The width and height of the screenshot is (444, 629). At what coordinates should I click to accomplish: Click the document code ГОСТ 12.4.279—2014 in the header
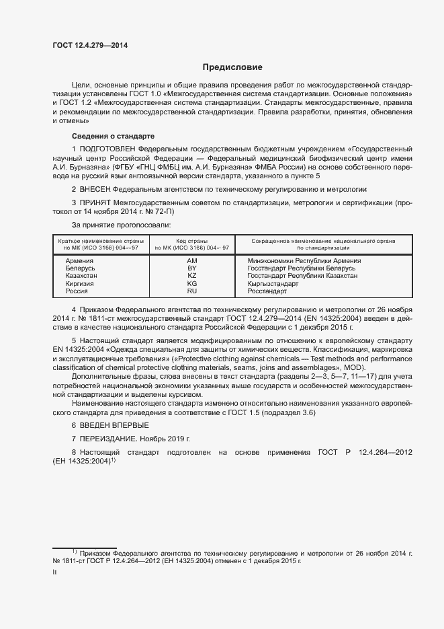tap(89, 45)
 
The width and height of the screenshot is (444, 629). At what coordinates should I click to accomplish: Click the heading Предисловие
tap(233, 67)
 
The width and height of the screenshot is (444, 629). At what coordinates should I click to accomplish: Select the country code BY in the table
tap(191, 268)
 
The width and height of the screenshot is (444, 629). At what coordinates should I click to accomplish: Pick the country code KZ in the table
tap(191, 276)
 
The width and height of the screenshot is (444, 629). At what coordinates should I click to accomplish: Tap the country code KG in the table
tap(191, 284)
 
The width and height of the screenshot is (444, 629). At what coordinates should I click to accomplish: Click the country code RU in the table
tap(191, 292)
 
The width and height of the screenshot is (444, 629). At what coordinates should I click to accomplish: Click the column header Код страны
tap(191, 240)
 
